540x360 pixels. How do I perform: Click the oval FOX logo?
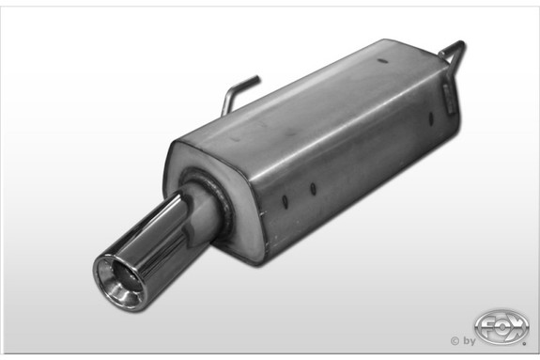[x=501, y=327]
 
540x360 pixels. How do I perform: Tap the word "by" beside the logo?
[x=469, y=341]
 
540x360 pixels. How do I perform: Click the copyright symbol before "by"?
[x=455, y=341]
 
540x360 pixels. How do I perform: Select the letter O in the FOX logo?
[x=501, y=326]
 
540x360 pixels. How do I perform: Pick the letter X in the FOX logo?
[x=516, y=326]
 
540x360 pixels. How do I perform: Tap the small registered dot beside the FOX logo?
[x=524, y=343]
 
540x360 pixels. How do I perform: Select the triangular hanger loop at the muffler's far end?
[x=454, y=51]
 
